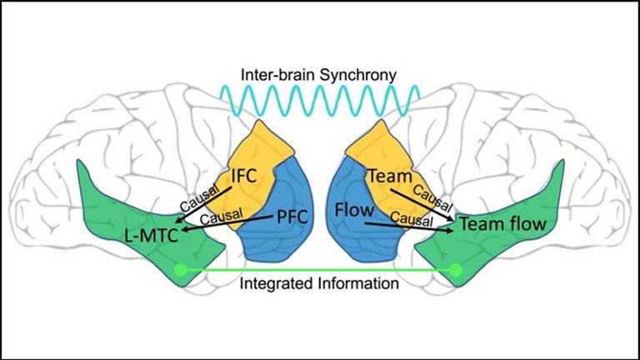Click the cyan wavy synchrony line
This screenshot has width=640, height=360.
[320, 100]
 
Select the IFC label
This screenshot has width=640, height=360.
[247, 177]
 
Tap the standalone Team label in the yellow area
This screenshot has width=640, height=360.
[386, 177]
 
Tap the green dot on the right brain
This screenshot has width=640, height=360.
[456, 269]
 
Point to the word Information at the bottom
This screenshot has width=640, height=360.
[357, 283]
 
